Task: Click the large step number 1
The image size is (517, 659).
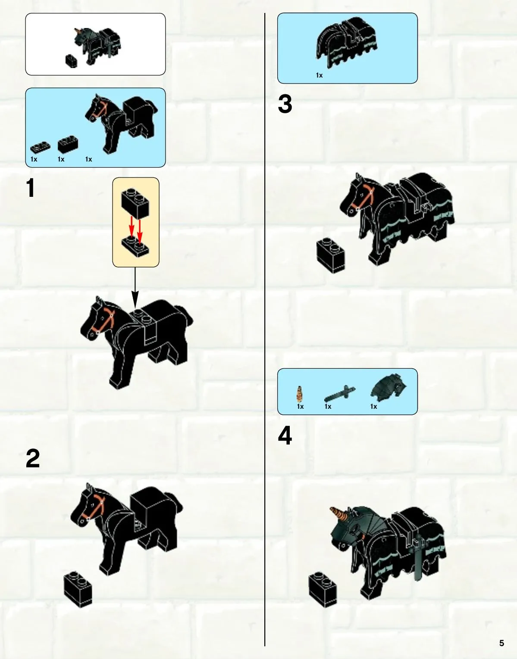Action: pos(30,188)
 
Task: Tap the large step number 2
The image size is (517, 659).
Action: pos(33,458)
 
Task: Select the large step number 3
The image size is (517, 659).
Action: pos(285,104)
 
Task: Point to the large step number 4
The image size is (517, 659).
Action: pos(285,435)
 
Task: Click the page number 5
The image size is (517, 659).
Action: pos(501,643)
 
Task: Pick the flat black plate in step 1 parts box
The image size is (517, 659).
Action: pos(40,148)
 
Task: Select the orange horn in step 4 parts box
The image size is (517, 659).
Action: pos(300,394)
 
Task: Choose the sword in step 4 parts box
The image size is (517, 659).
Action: pos(339,394)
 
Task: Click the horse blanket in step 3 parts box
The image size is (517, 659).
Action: pos(347,43)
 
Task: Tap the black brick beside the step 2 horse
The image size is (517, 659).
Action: pos(78,590)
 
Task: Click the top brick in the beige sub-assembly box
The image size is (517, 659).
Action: pos(135,203)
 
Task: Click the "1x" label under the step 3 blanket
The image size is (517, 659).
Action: pos(319,75)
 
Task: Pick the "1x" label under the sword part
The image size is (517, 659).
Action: pos(328,406)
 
